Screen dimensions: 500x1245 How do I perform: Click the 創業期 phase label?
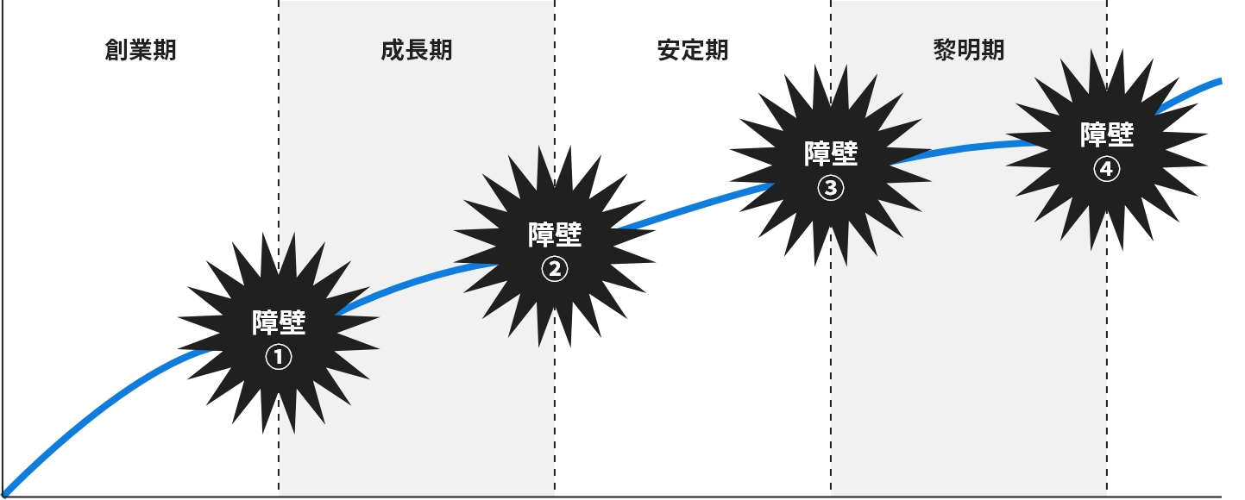point(140,50)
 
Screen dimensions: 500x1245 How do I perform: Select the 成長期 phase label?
point(416,50)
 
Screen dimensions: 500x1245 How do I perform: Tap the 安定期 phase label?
point(692,50)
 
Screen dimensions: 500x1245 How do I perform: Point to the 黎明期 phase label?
point(968,50)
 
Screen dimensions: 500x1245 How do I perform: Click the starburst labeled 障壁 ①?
point(279,334)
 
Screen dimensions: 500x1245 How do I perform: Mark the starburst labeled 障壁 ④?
point(1107,148)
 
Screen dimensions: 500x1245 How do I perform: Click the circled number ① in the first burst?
point(278,357)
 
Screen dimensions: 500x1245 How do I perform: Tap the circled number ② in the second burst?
point(555,269)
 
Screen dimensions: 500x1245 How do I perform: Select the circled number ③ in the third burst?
point(831,188)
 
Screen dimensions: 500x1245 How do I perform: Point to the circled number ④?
point(1107,170)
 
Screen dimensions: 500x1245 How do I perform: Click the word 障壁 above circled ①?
point(279,322)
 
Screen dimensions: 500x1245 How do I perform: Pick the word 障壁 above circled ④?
point(1107,134)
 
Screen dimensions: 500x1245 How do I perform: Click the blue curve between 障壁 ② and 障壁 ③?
point(690,209)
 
